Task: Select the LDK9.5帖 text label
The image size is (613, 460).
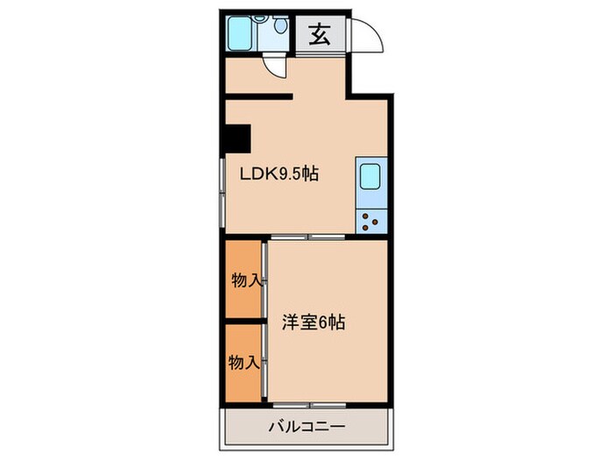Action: click(279, 173)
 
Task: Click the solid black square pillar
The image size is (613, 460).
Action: click(236, 138)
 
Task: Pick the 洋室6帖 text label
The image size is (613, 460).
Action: click(313, 322)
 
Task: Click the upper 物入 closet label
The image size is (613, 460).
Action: click(244, 280)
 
